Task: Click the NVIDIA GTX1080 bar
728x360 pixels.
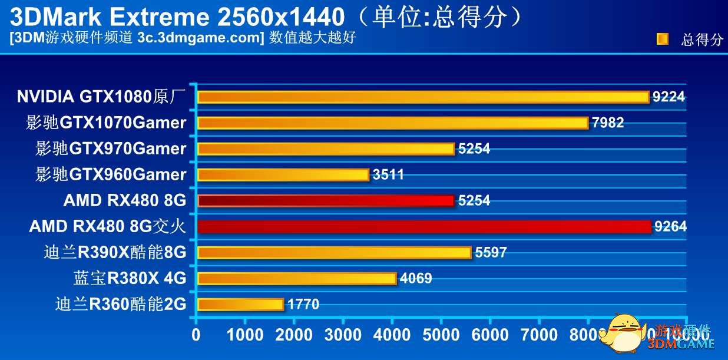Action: [423, 97]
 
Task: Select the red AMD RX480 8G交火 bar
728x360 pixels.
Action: [424, 226]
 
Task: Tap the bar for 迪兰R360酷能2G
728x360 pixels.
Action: [240, 304]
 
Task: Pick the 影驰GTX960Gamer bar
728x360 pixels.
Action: [283, 174]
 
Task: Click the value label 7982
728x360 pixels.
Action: [608, 123]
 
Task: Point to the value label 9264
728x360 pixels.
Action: [670, 227]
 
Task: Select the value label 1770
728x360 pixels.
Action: [303, 305]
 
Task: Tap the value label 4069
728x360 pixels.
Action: [416, 278]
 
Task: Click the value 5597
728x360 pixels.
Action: [491, 253]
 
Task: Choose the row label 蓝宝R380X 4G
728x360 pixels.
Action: [130, 278]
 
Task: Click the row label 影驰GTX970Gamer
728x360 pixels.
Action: [111, 148]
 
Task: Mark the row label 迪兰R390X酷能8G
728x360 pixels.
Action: [115, 253]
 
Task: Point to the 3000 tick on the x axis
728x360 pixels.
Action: [343, 335]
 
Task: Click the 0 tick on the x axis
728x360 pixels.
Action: [196, 335]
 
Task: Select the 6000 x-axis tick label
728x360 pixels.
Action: [489, 335]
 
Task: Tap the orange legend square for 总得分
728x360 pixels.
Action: [663, 39]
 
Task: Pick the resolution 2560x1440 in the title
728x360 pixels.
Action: [281, 17]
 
